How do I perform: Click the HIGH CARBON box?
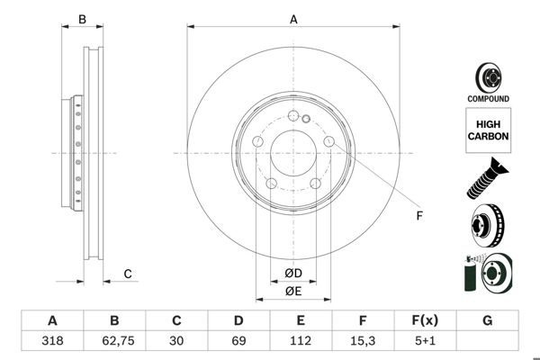point(487,128)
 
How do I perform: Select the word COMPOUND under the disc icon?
point(487,98)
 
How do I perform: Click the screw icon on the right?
point(487,178)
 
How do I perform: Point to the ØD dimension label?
point(293,273)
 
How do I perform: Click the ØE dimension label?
point(293,291)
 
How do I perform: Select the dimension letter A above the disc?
point(293,18)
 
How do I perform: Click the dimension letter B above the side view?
point(81,18)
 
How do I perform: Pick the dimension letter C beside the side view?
point(128,274)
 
